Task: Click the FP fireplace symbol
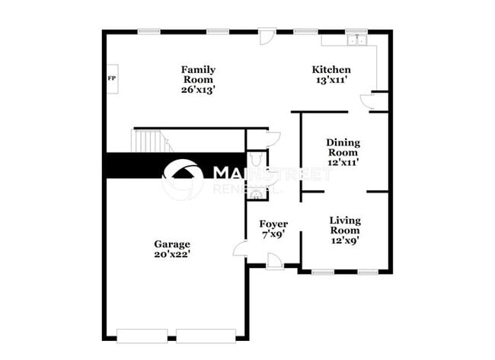[111, 78]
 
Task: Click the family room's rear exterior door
[267, 36]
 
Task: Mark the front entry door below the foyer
[275, 260]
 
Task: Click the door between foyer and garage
[241, 247]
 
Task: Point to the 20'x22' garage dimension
[172, 254]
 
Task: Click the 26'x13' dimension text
[197, 89]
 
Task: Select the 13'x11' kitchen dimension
[332, 79]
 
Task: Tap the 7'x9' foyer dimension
[273, 234]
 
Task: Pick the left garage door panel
[142, 335]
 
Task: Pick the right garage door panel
[206, 335]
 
